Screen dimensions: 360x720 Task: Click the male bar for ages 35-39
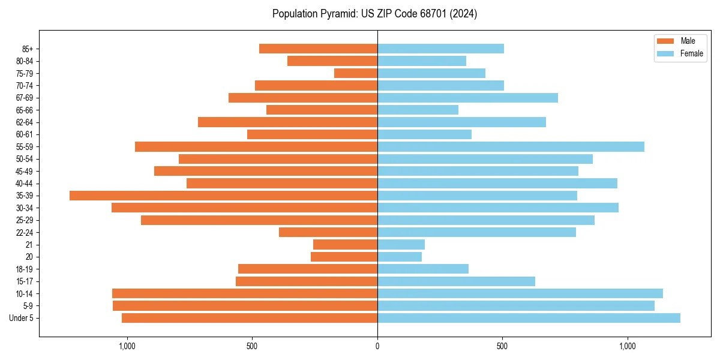coord(223,196)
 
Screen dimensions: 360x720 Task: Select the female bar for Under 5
coord(529,318)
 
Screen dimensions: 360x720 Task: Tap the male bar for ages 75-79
coord(356,73)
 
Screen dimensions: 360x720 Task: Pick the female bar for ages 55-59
coord(511,147)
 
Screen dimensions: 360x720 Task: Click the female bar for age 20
coord(400,257)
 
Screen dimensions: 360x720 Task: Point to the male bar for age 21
coord(345,245)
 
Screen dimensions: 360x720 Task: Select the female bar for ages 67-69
coord(467,98)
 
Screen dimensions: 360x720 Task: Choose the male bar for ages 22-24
coord(328,232)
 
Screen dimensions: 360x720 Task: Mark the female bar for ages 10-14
coord(520,293)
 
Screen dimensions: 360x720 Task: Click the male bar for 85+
coord(318,49)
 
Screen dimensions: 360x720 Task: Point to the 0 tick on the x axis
coord(377,346)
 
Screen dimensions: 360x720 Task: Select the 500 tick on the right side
coord(502,346)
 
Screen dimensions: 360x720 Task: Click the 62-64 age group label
coord(25,122)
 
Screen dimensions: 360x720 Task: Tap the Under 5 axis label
coord(22,318)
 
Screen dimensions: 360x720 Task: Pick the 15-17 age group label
coord(25,281)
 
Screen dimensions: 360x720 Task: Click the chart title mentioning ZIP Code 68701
coord(374,14)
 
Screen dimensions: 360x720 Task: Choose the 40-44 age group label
coord(25,184)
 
